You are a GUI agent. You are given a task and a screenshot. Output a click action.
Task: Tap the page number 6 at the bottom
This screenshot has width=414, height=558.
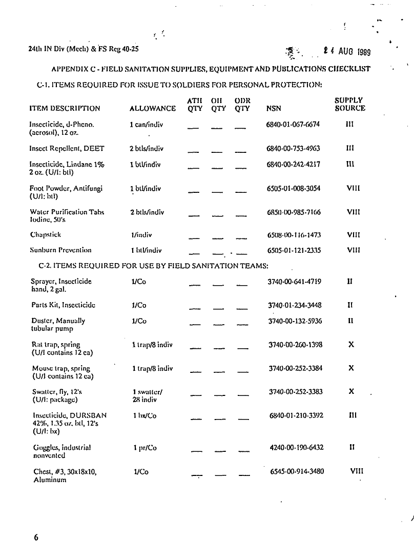point(36,537)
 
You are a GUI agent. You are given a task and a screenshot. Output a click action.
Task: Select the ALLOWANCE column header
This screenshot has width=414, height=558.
point(153,108)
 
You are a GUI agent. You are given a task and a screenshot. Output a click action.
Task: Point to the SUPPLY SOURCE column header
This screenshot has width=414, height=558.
point(350,104)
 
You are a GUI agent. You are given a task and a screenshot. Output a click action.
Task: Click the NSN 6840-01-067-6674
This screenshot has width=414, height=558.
point(294,125)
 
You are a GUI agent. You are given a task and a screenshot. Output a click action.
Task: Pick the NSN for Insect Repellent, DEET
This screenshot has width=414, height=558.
point(294,149)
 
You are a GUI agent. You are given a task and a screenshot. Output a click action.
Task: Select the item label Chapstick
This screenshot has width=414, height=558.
point(45,235)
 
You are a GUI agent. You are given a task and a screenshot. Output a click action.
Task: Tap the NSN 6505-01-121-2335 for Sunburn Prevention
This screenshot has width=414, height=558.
point(294,250)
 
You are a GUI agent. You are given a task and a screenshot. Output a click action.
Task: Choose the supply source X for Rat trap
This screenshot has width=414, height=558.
point(351,345)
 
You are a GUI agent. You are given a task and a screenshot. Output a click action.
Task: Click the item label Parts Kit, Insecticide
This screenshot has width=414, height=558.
point(63,305)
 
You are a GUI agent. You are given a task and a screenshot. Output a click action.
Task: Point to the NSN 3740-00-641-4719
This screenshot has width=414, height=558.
point(295,282)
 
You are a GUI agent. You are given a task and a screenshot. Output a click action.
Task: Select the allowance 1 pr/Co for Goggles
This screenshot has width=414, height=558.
point(145,448)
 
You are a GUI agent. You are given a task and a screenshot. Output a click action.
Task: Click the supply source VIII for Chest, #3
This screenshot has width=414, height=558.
point(357,471)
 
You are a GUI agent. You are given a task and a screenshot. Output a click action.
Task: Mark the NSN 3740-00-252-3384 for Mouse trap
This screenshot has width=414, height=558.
point(295,368)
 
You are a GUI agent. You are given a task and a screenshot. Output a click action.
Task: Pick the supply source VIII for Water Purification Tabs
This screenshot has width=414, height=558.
point(353,211)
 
